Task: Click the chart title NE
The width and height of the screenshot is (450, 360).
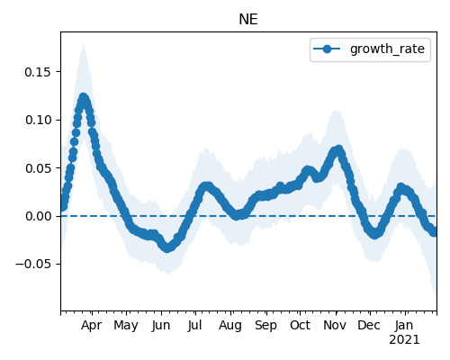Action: tap(248, 20)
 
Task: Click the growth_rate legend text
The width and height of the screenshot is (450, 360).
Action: tap(387, 49)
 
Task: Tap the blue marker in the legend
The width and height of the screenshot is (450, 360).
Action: tap(327, 49)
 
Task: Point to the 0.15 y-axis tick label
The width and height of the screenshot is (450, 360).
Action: tap(38, 72)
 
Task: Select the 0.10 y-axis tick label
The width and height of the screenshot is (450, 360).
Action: tap(38, 120)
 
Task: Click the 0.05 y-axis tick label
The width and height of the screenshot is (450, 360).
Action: tap(38, 168)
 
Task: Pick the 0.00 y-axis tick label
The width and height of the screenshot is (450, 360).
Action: tap(38, 216)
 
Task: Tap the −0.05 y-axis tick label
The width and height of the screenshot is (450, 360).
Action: tap(33, 264)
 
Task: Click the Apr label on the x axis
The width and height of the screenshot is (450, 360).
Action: tap(92, 325)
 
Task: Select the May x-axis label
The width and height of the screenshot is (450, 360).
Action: tap(126, 326)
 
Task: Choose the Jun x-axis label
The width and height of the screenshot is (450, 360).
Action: tap(161, 325)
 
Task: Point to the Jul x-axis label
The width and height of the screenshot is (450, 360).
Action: tap(195, 325)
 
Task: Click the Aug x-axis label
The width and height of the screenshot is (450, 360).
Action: tap(230, 326)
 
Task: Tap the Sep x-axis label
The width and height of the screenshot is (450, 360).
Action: tap(265, 326)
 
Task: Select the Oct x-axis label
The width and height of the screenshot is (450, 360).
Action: tap(300, 325)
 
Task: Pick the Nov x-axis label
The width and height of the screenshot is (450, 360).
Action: tap(335, 325)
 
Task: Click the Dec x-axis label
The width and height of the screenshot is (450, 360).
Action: tap(369, 325)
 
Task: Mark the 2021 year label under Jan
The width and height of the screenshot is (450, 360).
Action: tap(404, 340)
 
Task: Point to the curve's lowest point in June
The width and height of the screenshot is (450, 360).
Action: tap(167, 247)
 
